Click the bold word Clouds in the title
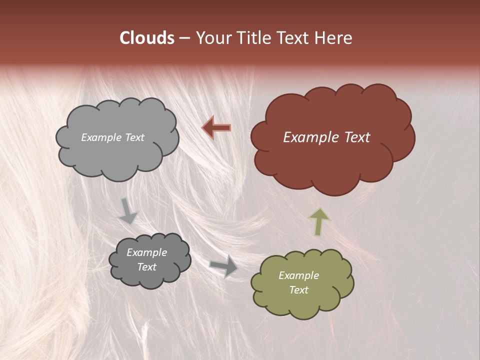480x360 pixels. [146, 38]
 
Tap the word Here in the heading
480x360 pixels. [334, 38]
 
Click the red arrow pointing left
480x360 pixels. [216, 128]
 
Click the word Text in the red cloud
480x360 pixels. [357, 137]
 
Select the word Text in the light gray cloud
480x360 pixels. [134, 137]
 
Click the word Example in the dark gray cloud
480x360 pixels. [146, 252]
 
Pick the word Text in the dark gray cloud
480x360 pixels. [146, 267]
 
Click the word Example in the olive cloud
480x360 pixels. [298, 275]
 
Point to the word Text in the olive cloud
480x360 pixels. [298, 290]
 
